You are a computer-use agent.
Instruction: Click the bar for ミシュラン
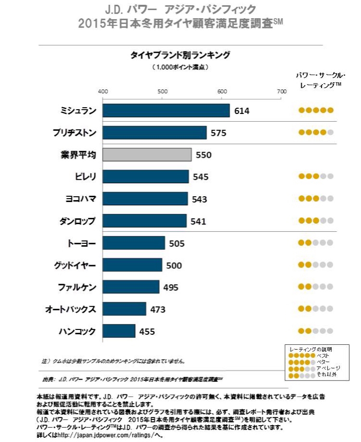(166, 111)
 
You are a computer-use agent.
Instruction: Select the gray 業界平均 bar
(147, 155)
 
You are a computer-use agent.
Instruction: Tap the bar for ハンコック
(119, 331)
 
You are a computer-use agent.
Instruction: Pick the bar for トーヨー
(134, 243)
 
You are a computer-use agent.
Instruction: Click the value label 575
(219, 133)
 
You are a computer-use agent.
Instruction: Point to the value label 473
(158, 309)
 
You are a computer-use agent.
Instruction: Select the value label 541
(198, 221)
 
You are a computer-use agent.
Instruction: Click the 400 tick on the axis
(103, 91)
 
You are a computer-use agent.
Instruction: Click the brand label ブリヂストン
(74, 133)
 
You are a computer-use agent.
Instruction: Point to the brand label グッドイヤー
(74, 265)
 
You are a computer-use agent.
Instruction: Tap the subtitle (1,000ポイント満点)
(180, 67)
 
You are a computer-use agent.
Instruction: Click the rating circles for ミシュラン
(316, 110)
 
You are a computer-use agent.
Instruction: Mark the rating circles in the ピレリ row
(316, 177)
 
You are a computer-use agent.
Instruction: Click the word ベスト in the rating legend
(323, 355)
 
